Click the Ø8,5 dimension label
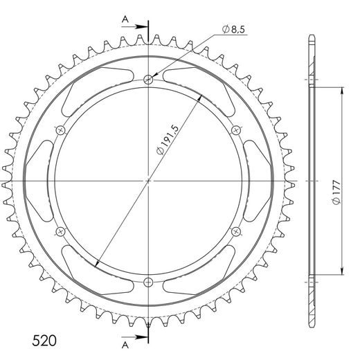(233, 29)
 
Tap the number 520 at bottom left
(44, 341)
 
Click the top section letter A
(125, 20)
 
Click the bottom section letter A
(125, 345)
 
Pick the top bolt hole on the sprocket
(148, 80)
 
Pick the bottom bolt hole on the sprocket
(148, 282)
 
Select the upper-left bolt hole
(61, 130)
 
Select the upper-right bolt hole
(236, 130)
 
